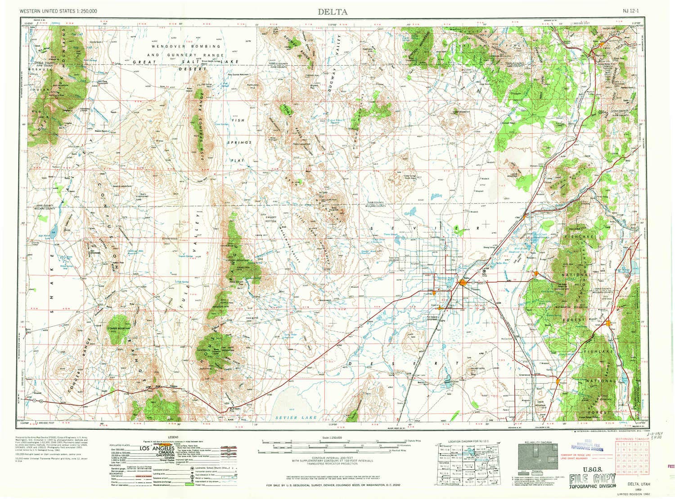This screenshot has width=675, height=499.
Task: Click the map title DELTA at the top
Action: click(333, 12)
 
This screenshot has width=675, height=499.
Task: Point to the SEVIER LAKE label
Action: click(299, 418)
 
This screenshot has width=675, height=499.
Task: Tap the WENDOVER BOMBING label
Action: click(186, 46)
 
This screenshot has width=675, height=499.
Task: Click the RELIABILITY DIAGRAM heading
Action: click(539, 442)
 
